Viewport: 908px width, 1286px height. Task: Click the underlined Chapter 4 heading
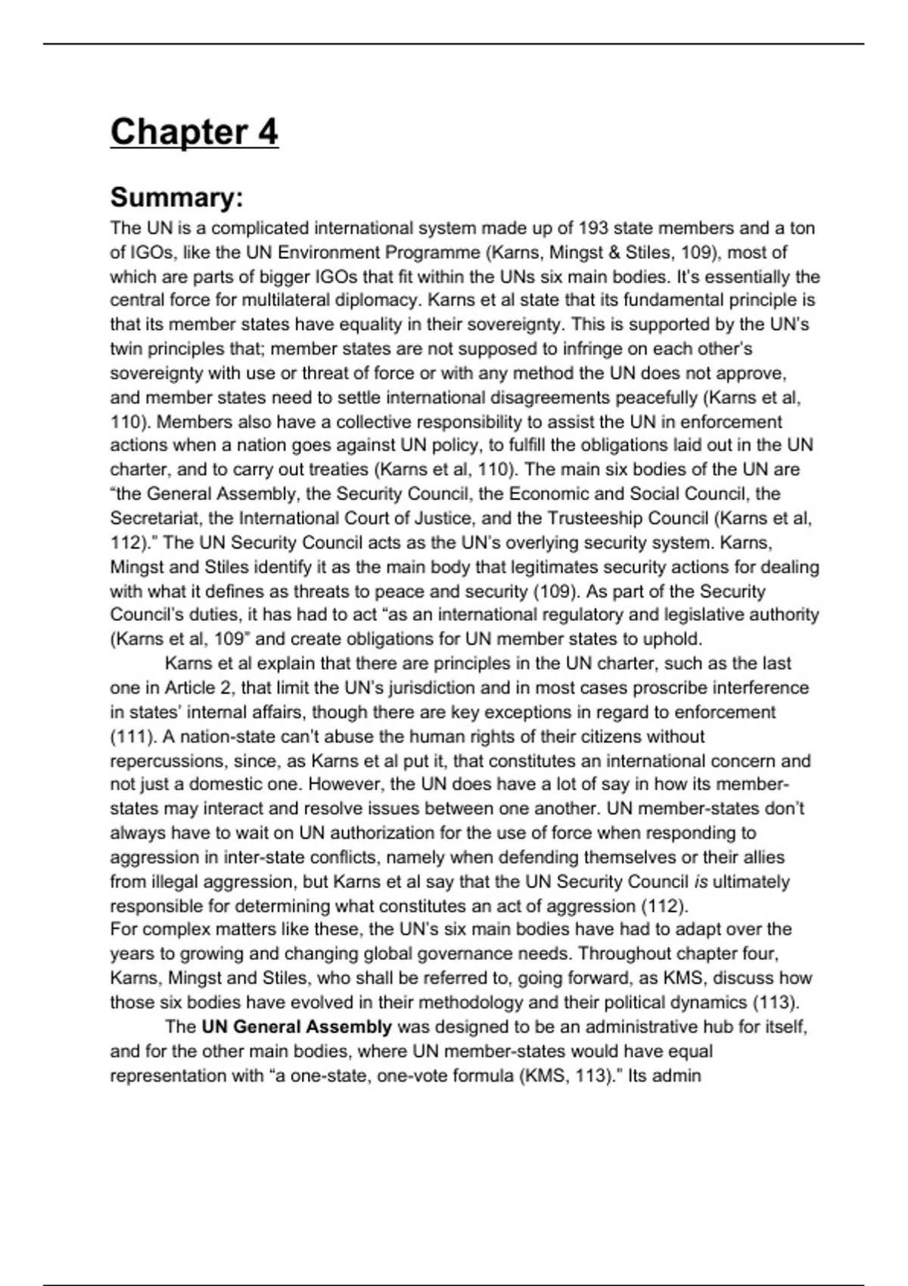194,132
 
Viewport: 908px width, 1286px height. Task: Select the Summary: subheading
176,197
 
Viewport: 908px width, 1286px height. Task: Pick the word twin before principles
126,349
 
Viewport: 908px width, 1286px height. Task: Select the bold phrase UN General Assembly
297,1027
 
